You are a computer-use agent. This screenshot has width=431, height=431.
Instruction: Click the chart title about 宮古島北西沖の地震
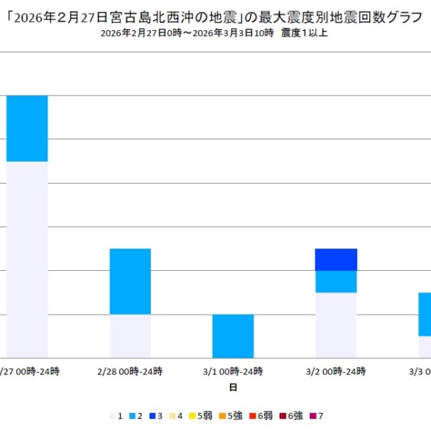tap(215, 17)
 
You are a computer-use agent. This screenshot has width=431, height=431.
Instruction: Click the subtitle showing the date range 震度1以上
tap(215, 34)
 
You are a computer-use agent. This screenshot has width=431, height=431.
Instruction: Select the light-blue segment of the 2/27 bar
tap(27, 129)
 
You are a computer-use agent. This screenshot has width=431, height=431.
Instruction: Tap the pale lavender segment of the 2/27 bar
tap(27, 259)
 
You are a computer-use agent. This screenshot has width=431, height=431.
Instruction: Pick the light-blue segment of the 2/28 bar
tap(130, 282)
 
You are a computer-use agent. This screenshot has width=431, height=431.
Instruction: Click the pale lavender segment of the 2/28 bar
tap(130, 336)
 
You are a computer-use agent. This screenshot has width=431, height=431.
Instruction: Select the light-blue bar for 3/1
tap(233, 336)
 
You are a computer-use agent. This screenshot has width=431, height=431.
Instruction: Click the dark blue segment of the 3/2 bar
tap(336, 259)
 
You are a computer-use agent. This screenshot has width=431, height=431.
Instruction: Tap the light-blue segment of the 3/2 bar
tap(336, 282)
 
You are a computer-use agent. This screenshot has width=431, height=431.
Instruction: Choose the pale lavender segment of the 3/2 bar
tap(336, 325)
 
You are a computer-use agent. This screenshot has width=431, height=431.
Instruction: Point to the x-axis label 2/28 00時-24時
tap(130, 371)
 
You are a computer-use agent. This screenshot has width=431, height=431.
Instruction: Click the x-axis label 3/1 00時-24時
tap(233, 371)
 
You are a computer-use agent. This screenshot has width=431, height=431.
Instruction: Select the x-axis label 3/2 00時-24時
tap(336, 371)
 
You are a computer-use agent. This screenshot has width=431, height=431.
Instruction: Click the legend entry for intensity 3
tap(157, 416)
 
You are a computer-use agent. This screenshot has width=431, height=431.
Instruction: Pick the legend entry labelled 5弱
tap(202, 416)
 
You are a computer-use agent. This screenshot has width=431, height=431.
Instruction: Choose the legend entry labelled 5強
tap(232, 416)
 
